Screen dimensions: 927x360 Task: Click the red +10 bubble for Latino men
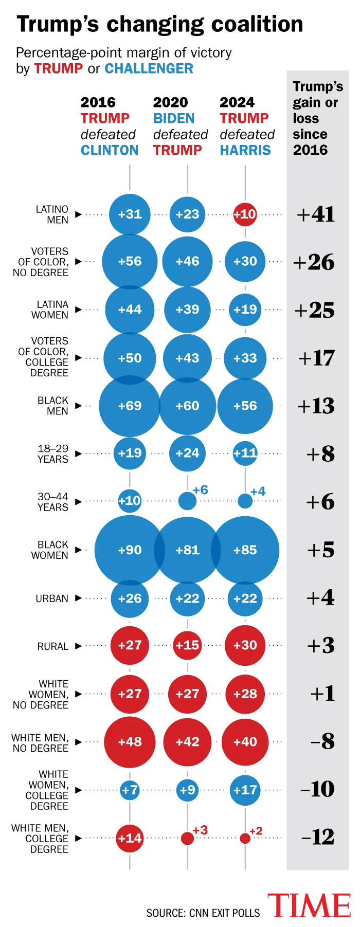pos(245,214)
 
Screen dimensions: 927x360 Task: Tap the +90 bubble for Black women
pos(130,550)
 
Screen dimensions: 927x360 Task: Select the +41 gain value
pos(316,214)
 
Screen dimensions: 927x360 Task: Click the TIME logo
pos(309,906)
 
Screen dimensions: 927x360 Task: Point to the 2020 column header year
pos(170,102)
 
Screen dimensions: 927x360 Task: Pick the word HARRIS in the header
pos(245,150)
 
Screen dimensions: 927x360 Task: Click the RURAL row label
pos(52,646)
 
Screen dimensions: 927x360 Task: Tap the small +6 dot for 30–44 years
pos(187,500)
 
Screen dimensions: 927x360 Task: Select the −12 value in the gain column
pos(317,837)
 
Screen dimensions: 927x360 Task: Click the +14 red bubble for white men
pos(130,838)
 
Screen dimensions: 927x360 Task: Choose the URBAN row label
pos(52,598)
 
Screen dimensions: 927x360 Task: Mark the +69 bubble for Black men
pos(130,406)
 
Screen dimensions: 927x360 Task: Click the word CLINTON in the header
pos(110,150)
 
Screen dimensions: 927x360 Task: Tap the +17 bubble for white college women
pos(245,790)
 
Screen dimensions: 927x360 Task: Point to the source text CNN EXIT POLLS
pos(225,913)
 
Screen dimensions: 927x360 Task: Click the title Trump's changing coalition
pos(160,24)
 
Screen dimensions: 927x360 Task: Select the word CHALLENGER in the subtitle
pos(149,68)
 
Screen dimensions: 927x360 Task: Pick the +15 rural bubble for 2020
pos(187,645)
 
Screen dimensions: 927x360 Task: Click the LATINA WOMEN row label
pos(50,310)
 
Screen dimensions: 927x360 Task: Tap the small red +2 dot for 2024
pos(245,839)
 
